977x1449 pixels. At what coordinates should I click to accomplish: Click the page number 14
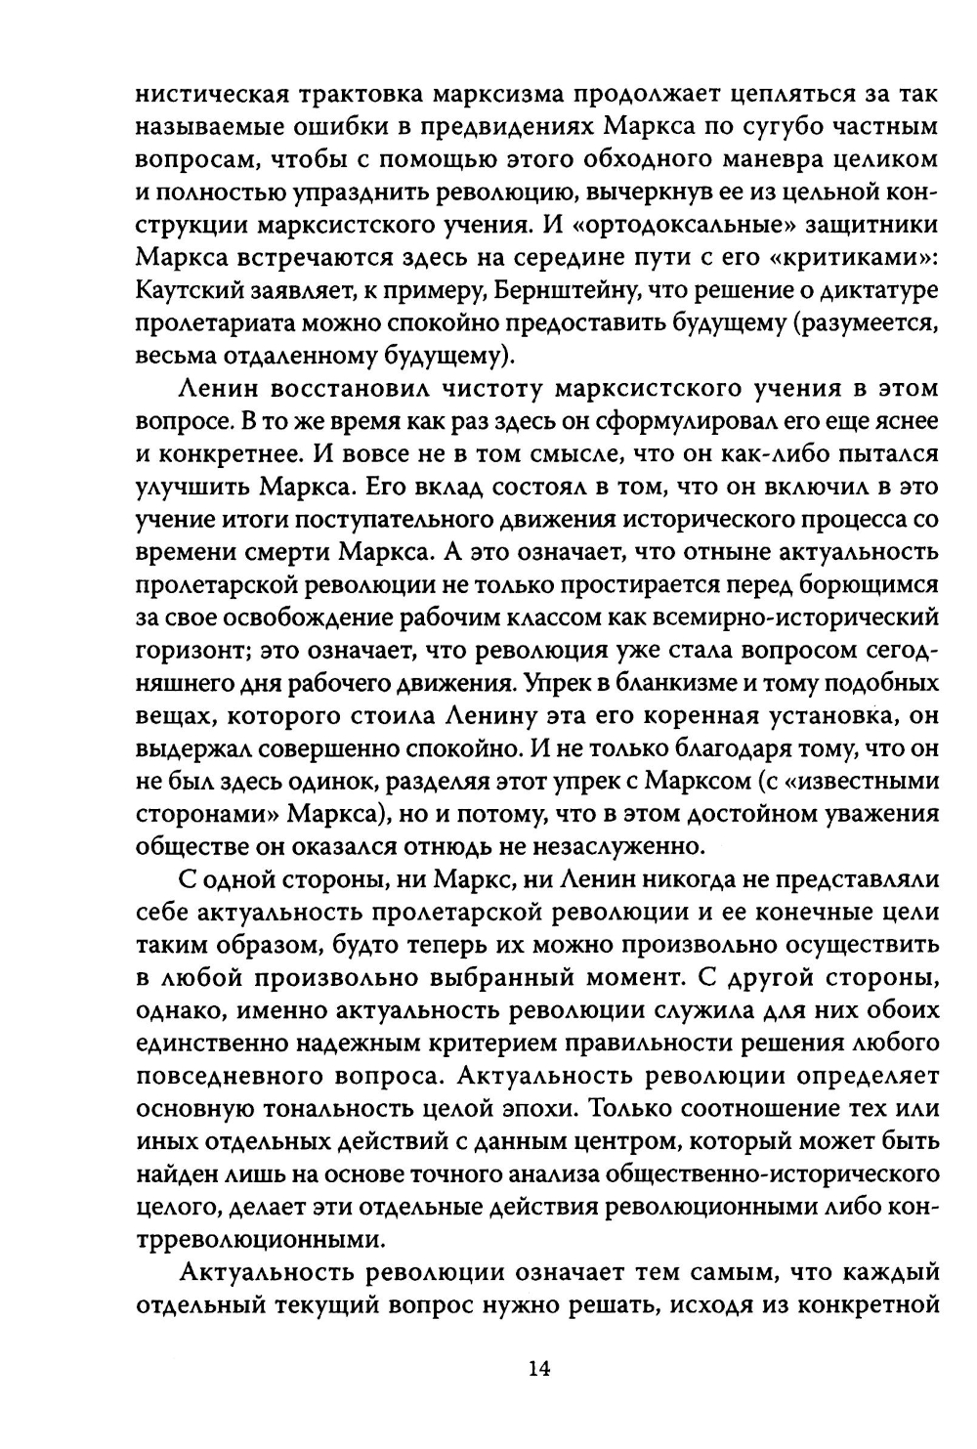(538, 1367)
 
